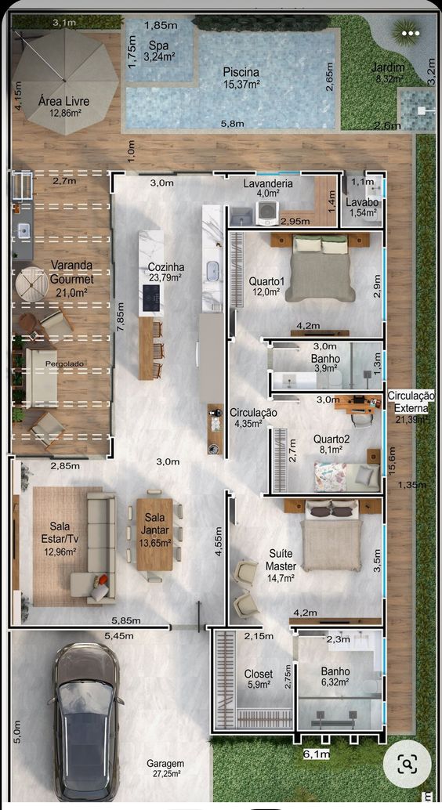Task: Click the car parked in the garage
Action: coord(85,721)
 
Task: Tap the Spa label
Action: coord(159,45)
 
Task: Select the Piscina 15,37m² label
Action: coord(241,78)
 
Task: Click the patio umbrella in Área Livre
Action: coord(65,81)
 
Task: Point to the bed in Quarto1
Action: coord(320,268)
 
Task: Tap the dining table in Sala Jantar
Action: coord(154,534)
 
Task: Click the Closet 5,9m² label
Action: coord(258,679)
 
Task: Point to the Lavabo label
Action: coord(362,201)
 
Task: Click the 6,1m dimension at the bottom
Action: coord(317,754)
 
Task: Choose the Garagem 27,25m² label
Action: coord(165,768)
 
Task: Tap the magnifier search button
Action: coord(408,764)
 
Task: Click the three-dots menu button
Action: coord(411,32)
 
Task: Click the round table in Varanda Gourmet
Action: coord(31,284)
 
